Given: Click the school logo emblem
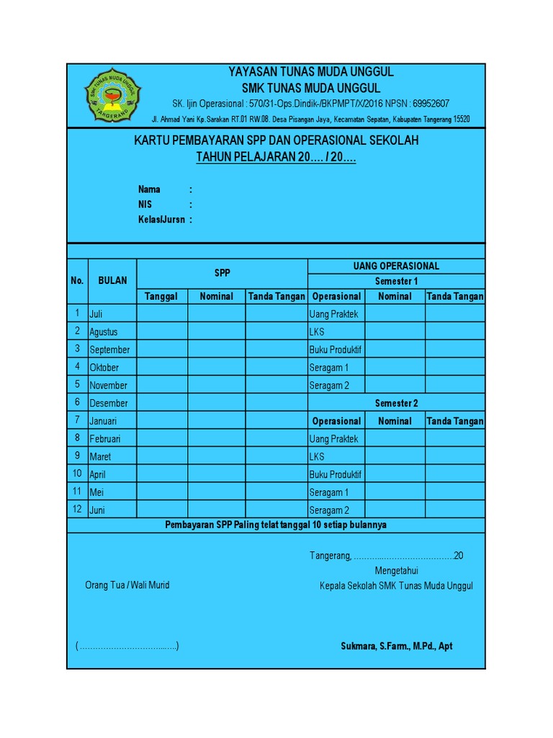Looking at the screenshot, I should click(x=113, y=94).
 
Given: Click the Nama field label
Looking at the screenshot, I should click(x=149, y=190).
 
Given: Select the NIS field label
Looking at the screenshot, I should click(x=145, y=205).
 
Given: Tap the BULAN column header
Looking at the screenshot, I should click(x=112, y=281).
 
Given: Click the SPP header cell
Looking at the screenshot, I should click(x=222, y=273).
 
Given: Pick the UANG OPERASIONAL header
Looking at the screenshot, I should click(x=396, y=266).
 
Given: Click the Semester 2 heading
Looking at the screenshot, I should click(x=396, y=404).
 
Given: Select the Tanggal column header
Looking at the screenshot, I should click(x=161, y=297).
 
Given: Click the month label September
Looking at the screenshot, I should click(x=109, y=350).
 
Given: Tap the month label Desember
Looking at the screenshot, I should click(x=108, y=404).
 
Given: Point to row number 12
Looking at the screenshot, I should click(x=77, y=510).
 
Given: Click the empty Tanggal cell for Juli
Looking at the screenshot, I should click(x=162, y=314).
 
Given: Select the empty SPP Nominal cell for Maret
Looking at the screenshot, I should click(x=216, y=457).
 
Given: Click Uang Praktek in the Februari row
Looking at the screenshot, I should click(x=333, y=439).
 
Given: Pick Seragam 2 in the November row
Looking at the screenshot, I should click(x=329, y=386).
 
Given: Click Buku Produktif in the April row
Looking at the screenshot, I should click(x=335, y=475).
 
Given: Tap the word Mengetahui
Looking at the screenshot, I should click(x=396, y=571).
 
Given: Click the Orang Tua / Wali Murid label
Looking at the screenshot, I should click(x=127, y=585).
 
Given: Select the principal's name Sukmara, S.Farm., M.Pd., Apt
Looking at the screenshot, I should click(x=396, y=646).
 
